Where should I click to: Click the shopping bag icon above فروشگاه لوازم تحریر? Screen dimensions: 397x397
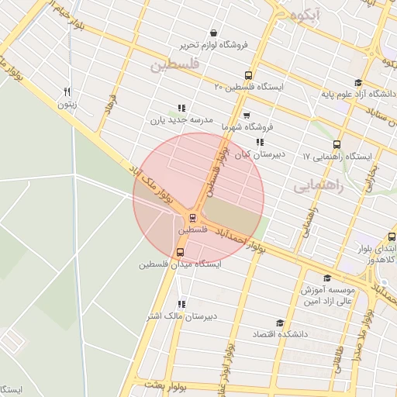click(213, 33)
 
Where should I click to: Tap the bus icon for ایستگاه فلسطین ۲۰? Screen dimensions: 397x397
click(248, 76)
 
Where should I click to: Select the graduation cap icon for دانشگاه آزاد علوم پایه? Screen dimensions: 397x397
click(357, 83)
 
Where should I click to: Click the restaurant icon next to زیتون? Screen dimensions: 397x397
click(68, 91)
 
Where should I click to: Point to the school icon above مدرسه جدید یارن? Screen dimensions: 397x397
click(181, 109)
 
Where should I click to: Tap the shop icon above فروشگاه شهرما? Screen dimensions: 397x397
click(247, 115)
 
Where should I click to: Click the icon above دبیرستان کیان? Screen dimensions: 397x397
click(260, 142)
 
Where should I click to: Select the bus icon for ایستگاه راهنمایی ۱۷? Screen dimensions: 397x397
click(337, 144)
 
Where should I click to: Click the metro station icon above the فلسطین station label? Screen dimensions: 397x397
click(192, 218)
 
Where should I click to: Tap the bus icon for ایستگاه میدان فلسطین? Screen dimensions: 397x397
click(181, 252)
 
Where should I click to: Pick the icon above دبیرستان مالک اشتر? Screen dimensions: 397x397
click(181, 304)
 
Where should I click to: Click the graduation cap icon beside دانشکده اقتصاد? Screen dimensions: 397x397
click(280, 323)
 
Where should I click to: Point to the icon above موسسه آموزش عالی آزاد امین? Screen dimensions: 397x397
click(326, 278)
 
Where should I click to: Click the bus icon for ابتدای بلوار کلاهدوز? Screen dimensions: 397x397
click(391, 238)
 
